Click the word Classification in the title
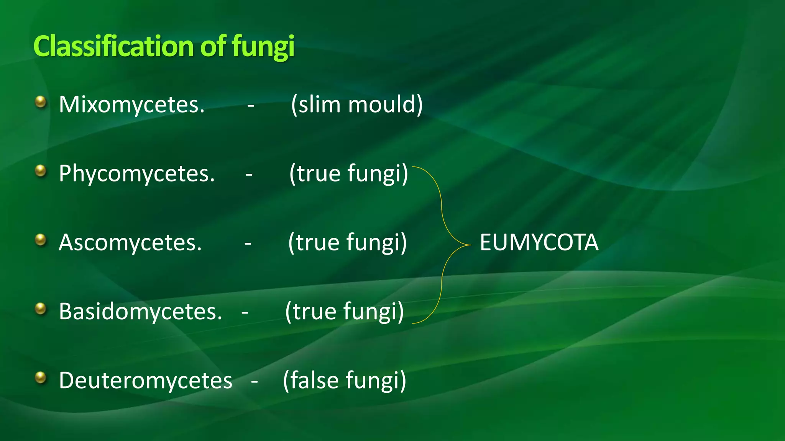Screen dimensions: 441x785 click(x=113, y=46)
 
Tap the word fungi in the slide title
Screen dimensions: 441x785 click(x=263, y=47)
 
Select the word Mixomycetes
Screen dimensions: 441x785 click(x=131, y=105)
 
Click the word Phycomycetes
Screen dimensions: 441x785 click(x=136, y=173)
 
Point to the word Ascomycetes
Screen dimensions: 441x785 click(x=130, y=243)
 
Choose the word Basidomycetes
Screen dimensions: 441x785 click(x=140, y=311)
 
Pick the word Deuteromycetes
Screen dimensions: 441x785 click(x=146, y=381)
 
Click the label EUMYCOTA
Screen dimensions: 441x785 click(x=539, y=243)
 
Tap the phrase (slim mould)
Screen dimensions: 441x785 click(x=356, y=105)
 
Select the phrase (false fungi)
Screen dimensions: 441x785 click(x=344, y=381)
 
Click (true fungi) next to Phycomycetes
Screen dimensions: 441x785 click(x=348, y=173)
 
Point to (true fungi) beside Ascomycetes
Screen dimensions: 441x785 click(x=347, y=243)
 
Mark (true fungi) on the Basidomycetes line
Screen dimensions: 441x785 click(x=344, y=311)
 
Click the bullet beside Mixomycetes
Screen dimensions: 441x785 click(x=41, y=102)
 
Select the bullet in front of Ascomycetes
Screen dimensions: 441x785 click(x=41, y=240)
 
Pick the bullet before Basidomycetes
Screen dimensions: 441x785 click(x=41, y=309)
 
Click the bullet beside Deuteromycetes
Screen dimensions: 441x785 click(x=41, y=377)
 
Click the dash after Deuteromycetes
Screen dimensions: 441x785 click(x=254, y=381)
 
